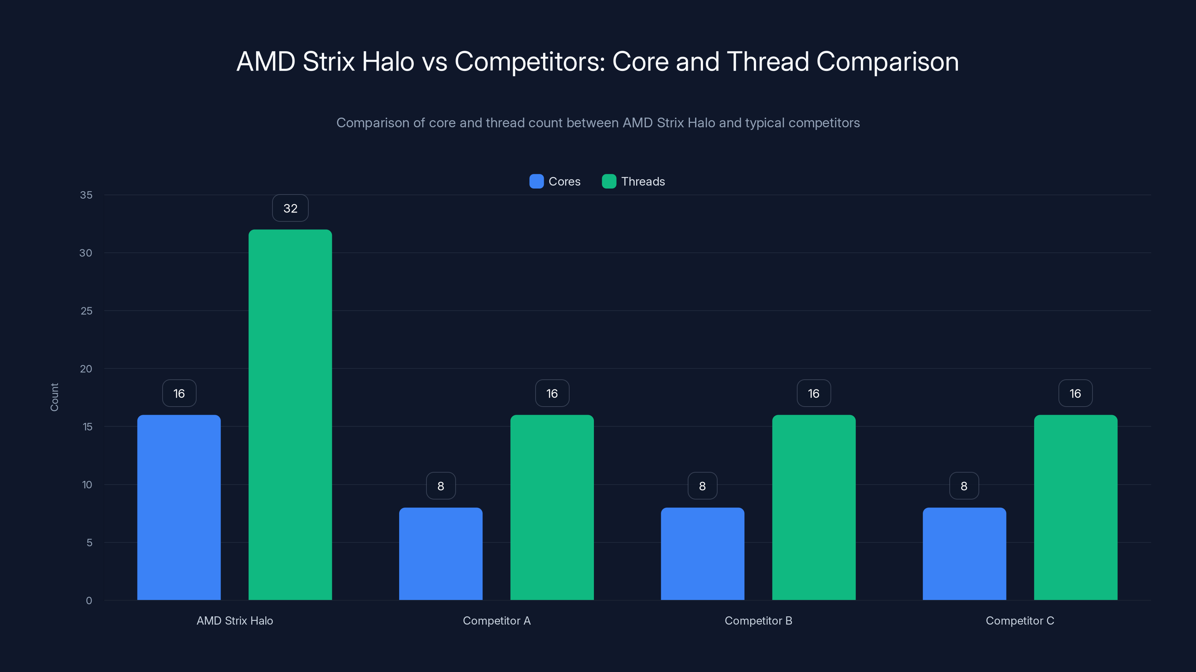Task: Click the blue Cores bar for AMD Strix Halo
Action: coord(179,507)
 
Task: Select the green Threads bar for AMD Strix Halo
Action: coord(290,415)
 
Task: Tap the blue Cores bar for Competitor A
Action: coord(441,554)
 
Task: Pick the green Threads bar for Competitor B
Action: coord(813,507)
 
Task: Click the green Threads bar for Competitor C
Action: coord(1075,507)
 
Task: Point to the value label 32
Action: coord(290,208)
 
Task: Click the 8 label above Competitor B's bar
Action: coord(702,486)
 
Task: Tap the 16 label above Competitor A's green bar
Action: coord(552,393)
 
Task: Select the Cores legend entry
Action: coord(555,181)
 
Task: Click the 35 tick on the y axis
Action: coord(86,195)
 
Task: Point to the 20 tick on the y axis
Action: coord(86,369)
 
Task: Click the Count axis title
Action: coord(54,397)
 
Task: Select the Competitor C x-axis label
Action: coord(1020,620)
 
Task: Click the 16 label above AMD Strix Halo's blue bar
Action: coord(179,393)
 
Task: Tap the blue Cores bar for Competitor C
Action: coord(964,554)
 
